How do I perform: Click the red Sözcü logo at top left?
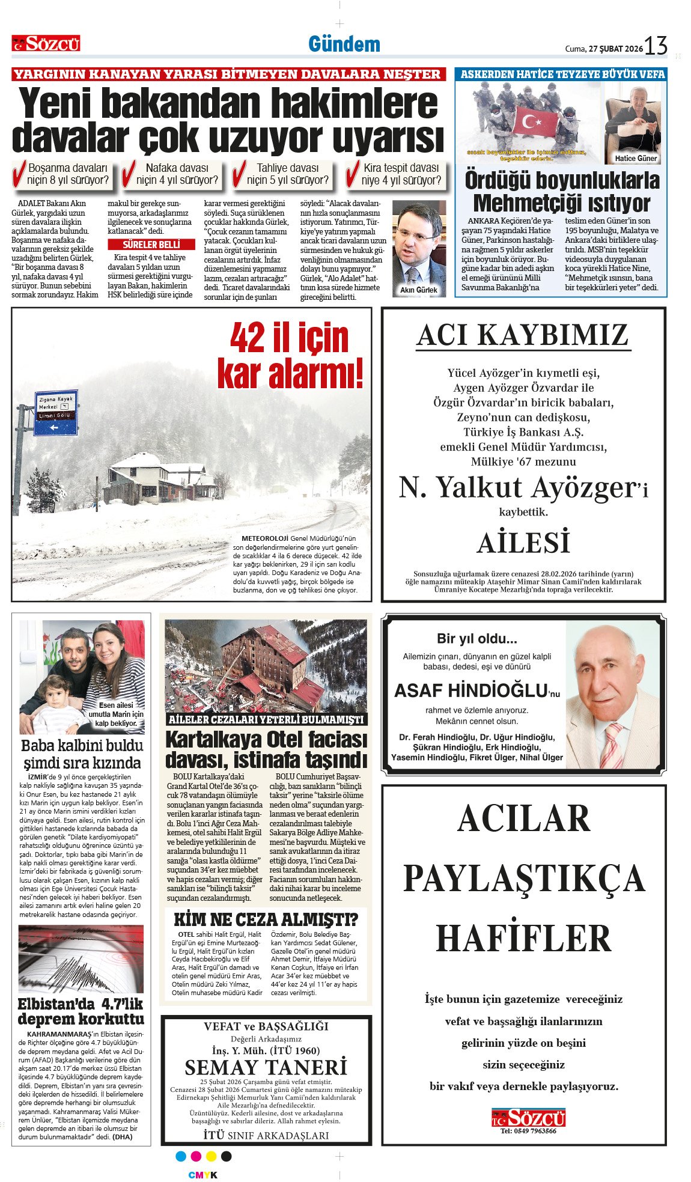click(46, 43)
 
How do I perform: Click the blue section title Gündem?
click(344, 44)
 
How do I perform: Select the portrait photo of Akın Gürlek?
click(419, 246)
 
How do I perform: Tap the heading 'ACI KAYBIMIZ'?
click(523, 335)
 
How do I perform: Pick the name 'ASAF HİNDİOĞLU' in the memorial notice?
click(471, 690)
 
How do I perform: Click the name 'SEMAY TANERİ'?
click(266, 1067)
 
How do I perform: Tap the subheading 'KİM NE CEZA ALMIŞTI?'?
click(266, 919)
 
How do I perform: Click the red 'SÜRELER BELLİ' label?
click(151, 245)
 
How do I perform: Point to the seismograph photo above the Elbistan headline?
click(81, 959)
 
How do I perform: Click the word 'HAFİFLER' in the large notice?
click(523, 939)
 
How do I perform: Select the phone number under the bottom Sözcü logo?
click(528, 1131)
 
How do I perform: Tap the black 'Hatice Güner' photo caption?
click(636, 158)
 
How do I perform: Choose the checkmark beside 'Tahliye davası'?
click(239, 174)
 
